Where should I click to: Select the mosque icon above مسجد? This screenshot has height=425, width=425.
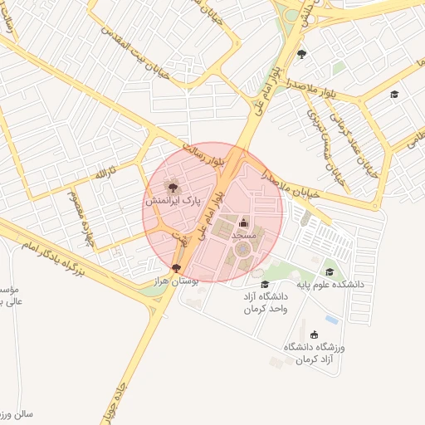pos(243,222)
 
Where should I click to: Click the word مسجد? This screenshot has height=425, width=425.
pos(244,237)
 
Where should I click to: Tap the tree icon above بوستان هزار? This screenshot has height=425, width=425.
pos(176,268)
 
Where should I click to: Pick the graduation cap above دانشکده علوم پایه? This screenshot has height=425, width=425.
pos(330,271)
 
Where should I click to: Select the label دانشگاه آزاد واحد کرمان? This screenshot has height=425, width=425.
pos(265,302)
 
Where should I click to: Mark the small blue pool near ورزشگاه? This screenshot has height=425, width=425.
pos(332,320)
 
